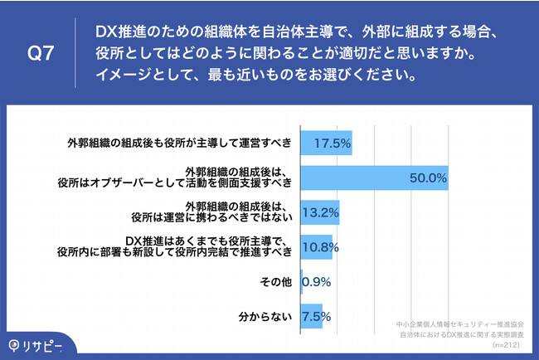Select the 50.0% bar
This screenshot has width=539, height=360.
[x=373, y=178]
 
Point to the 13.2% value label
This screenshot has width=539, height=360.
[x=319, y=212]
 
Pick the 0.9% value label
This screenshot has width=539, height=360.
[x=318, y=281]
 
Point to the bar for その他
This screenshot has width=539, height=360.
[x=301, y=281]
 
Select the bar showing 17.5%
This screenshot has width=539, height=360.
[x=325, y=143]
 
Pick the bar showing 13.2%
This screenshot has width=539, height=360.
[x=319, y=212]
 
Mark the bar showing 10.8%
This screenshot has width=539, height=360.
[x=315, y=246]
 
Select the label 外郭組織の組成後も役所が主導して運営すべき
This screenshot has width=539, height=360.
[x=179, y=143]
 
